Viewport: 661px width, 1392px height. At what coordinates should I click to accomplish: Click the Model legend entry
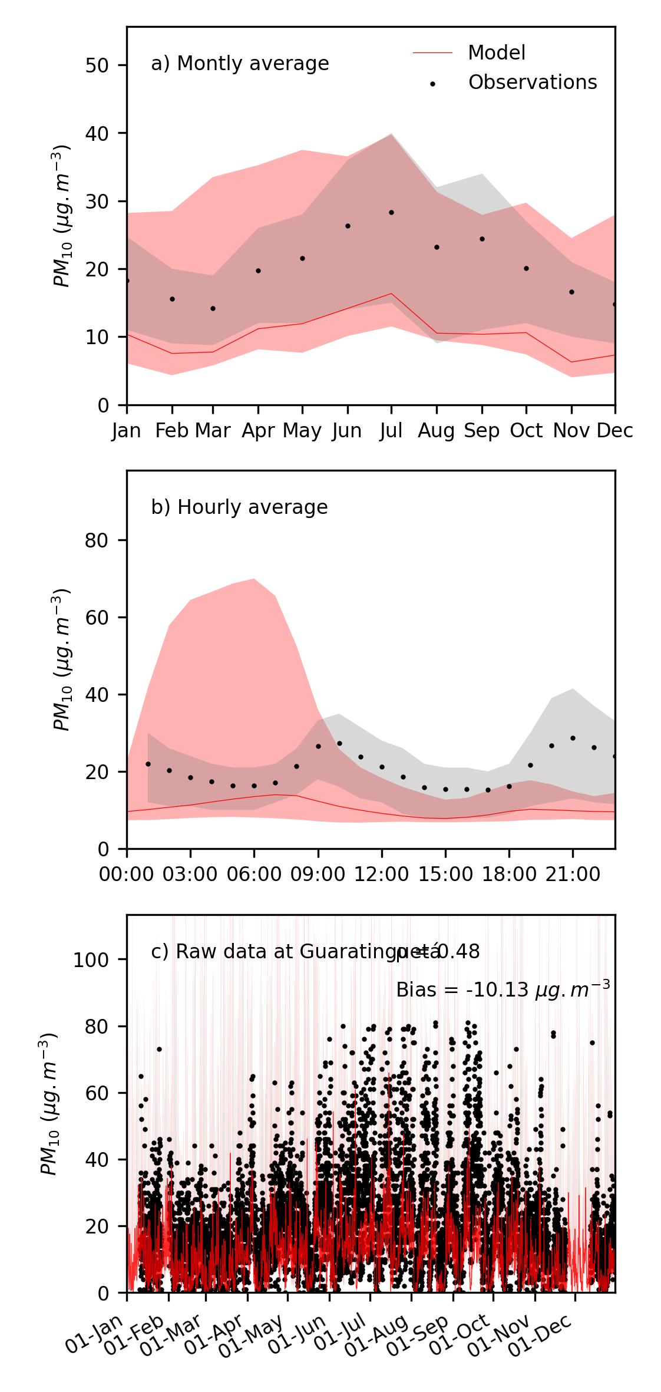pos(496,53)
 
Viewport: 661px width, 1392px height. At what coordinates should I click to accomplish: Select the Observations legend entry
pos(532,83)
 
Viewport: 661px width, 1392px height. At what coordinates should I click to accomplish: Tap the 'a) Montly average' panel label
pos(240,64)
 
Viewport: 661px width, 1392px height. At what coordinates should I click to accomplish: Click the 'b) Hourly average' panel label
pos(239,507)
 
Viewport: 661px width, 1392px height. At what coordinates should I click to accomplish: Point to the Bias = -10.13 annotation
pos(503,990)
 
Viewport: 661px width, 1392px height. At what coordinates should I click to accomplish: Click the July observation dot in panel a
pos(391,212)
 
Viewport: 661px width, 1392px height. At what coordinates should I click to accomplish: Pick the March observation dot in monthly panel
pos(213,308)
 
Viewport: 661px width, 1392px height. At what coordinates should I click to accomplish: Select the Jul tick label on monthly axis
pos(391,431)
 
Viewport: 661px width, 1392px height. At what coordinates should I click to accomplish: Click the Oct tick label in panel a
pos(526,431)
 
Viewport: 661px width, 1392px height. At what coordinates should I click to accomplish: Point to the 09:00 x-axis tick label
pos(318,874)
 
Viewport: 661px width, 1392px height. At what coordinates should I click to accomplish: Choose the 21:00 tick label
pos(573,874)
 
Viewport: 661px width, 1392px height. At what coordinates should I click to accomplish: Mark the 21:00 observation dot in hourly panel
pos(573,738)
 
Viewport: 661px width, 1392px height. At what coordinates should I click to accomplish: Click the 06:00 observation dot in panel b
pos(254,786)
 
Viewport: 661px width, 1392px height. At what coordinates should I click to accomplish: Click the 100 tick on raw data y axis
pos(91,960)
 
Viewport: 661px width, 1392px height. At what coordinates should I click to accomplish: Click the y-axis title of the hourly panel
pos(61,659)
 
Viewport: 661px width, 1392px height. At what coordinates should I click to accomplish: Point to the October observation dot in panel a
pos(526,268)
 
